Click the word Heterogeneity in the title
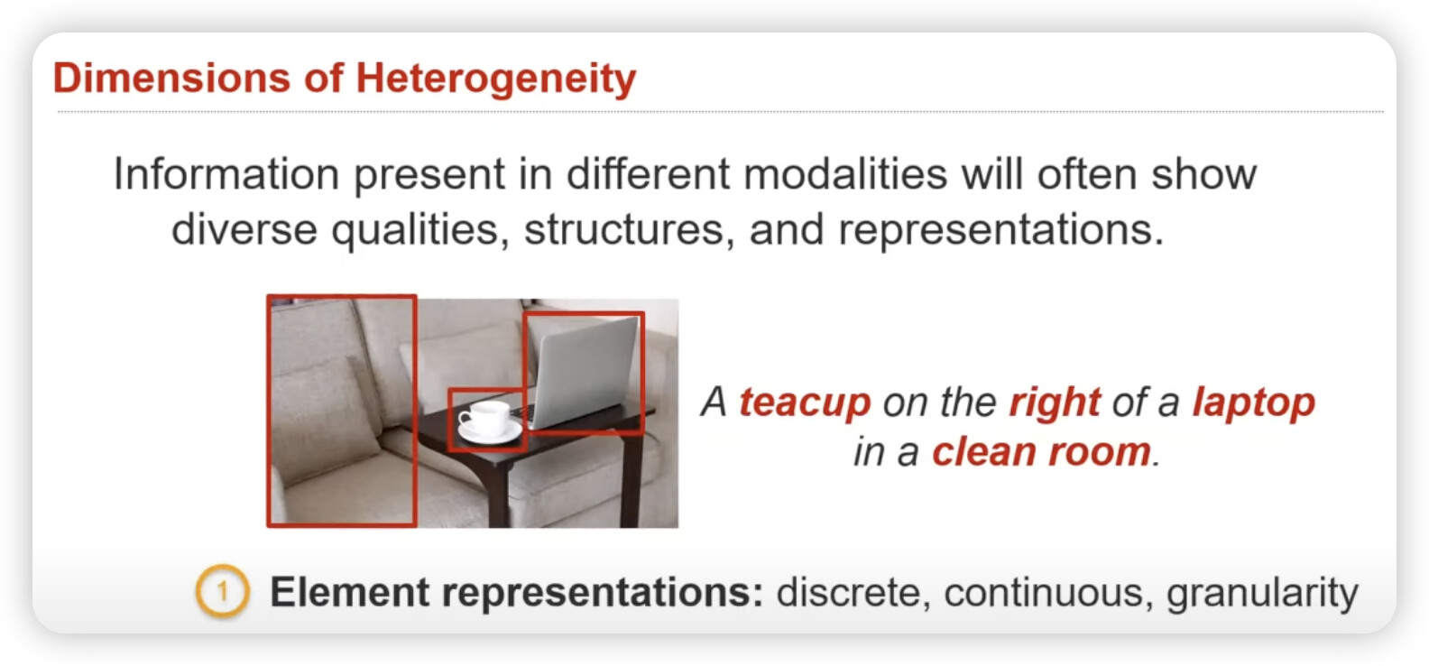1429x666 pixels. [495, 79]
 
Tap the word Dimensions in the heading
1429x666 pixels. [171, 78]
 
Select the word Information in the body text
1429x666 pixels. [226, 173]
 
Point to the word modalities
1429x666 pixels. [845, 173]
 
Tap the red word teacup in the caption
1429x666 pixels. [805, 402]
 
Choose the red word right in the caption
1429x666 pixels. [1055, 403]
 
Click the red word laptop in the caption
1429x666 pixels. [1254, 403]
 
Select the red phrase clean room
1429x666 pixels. [1041, 451]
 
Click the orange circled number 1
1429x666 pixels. [222, 591]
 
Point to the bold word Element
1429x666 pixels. [349, 591]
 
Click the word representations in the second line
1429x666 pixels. [1001, 229]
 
